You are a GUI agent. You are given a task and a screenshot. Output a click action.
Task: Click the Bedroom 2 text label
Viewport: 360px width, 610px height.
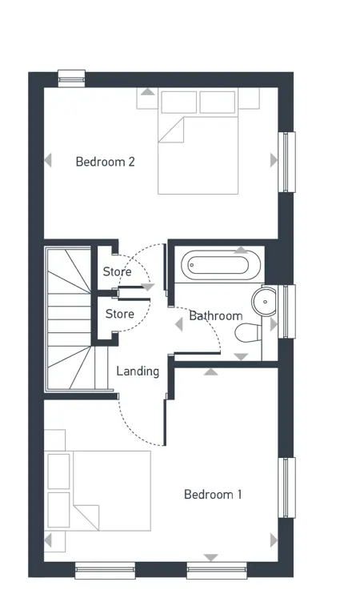pos(105,162)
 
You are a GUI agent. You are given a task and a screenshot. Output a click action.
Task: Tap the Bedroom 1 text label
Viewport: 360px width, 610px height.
pos(213,494)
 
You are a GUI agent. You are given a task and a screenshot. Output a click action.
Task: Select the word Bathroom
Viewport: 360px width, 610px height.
pos(215,315)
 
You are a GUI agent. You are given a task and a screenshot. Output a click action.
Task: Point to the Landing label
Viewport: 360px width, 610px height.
pos(138,371)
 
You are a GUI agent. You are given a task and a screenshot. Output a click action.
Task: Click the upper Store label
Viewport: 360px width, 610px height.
pos(117,272)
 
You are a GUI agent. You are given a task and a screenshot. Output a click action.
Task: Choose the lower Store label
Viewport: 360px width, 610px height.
pos(119,314)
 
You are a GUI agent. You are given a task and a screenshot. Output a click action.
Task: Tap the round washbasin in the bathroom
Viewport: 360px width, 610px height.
pos(264,302)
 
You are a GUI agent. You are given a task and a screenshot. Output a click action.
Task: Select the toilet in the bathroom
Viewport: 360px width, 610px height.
pos(251,331)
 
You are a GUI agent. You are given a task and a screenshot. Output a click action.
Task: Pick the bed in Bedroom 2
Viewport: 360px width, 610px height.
pos(198,144)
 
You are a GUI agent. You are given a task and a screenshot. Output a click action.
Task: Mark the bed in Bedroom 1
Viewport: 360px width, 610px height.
pos(98,490)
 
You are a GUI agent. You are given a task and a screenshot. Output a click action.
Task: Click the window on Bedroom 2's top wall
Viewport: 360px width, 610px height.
pos(71,76)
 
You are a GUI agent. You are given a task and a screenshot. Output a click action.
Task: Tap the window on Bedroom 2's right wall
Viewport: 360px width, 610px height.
pos(286,161)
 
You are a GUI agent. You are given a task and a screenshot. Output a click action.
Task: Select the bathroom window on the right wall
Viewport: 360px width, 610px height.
pos(286,311)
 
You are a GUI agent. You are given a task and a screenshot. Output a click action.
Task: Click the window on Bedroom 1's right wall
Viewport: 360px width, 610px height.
pos(286,487)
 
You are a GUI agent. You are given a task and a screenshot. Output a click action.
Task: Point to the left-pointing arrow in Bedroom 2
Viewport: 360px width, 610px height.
pos(48,160)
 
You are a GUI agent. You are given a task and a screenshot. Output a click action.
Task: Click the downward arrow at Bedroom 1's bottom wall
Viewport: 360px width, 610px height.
pos(210,557)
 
